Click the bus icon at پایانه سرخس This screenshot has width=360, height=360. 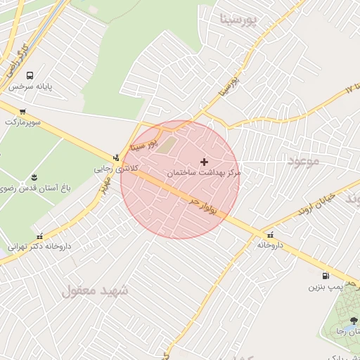click(30, 75)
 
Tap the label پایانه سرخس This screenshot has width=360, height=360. click(31, 86)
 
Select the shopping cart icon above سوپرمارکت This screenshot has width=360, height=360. click(22, 111)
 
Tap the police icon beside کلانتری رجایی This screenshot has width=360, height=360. click(116, 157)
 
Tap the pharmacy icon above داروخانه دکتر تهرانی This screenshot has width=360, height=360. click(39, 236)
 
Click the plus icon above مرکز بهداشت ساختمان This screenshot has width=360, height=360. click(205, 162)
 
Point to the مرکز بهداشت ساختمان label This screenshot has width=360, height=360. click(204, 172)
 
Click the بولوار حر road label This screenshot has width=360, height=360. click(206, 205)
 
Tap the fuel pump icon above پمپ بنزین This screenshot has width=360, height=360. click(325, 276)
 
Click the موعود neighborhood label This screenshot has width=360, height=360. click(303, 160)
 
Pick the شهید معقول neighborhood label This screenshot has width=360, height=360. click(95, 290)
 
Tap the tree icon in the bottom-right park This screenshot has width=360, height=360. click(352, 321)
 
